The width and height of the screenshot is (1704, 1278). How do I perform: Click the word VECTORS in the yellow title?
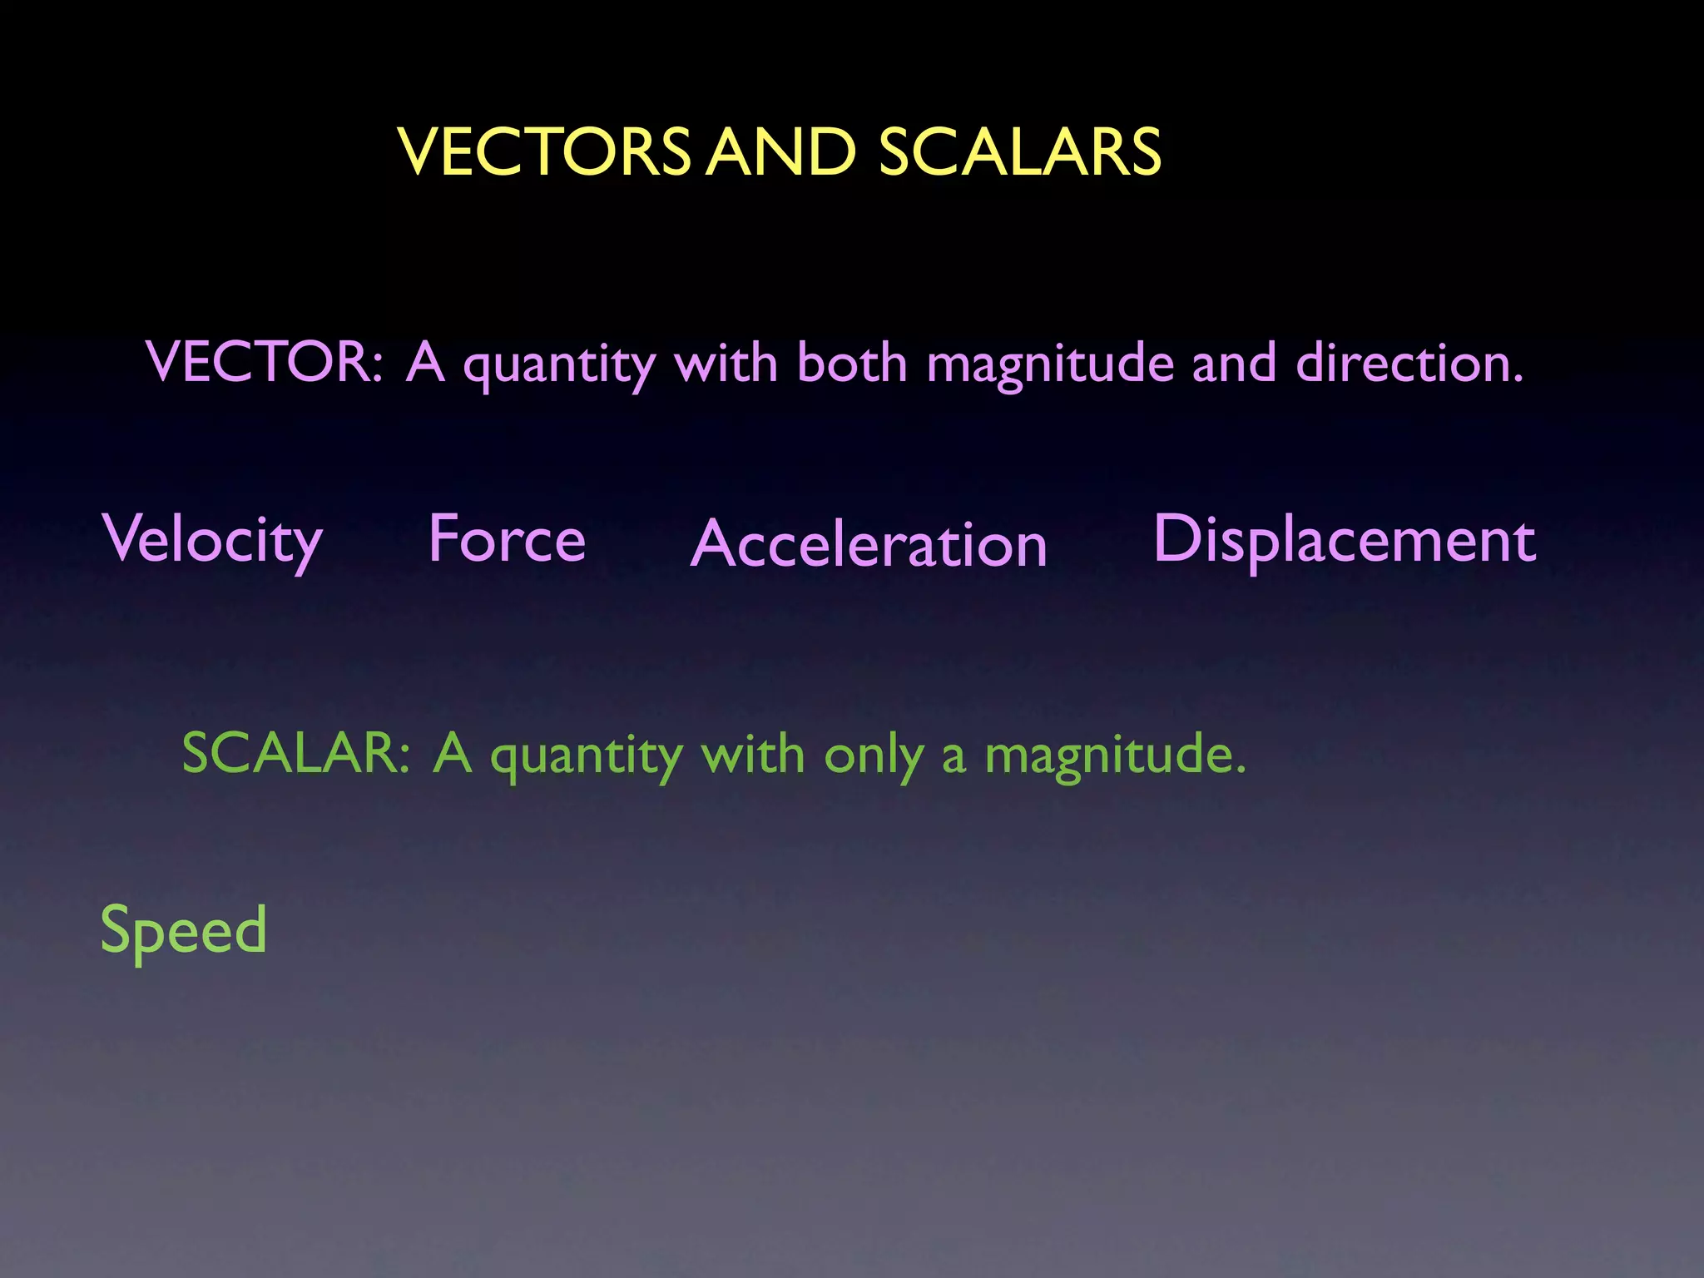(x=545, y=152)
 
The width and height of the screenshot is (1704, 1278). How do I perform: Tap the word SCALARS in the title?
(x=1020, y=152)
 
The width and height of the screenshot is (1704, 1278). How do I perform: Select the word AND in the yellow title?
(x=781, y=152)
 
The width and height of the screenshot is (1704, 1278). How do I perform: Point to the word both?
(x=852, y=363)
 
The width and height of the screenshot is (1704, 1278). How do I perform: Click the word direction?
(x=1409, y=363)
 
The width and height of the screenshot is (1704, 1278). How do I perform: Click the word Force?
(x=508, y=538)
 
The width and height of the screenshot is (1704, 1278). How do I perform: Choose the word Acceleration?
(x=869, y=544)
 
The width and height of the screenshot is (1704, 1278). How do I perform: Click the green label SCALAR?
(x=296, y=753)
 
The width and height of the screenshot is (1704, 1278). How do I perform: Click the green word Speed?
(x=184, y=931)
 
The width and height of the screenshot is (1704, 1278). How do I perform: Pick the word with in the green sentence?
(x=753, y=754)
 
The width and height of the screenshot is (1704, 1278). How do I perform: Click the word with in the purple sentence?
(x=726, y=363)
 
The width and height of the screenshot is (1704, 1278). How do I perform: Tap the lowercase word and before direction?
(x=1234, y=363)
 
